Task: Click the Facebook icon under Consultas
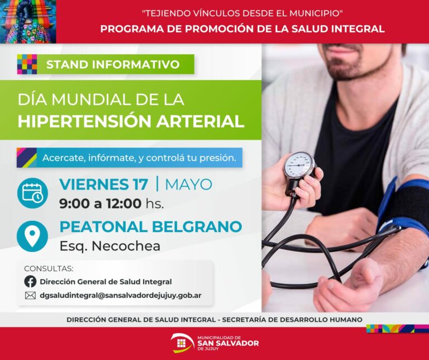coord(30,281)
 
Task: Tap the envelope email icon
coord(30,295)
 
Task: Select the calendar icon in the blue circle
coord(32,193)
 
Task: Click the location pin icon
coord(32,236)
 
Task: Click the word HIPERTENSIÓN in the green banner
coord(84,121)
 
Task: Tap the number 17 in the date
coord(140,184)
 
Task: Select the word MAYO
coord(188,184)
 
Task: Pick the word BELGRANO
coord(197,226)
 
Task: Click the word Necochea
coord(126,246)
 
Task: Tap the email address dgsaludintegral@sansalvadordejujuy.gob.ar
coord(121,295)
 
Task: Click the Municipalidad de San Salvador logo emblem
coord(182,343)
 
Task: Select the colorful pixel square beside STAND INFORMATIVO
coord(27,64)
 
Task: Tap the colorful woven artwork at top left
coord(28,22)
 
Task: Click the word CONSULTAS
coord(49,268)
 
